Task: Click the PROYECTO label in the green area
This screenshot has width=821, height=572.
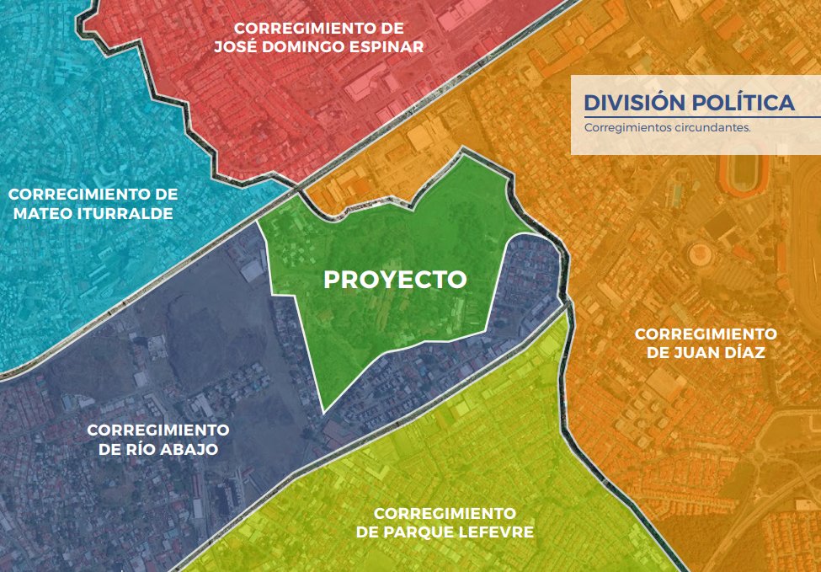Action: coord(395,280)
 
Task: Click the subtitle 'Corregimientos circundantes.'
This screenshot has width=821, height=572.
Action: coord(666,129)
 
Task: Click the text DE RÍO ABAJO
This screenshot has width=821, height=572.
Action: coord(158,449)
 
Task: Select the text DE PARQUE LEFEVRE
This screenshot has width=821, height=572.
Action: coord(445,532)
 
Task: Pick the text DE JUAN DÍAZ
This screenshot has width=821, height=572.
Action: coord(706,353)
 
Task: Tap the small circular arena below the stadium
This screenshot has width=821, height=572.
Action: coord(701,253)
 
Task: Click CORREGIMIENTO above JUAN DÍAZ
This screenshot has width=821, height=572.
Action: coord(706,334)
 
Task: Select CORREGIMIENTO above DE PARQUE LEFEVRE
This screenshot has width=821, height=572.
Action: coord(445,512)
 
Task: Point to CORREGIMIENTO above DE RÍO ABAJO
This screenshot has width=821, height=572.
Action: coord(158,430)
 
